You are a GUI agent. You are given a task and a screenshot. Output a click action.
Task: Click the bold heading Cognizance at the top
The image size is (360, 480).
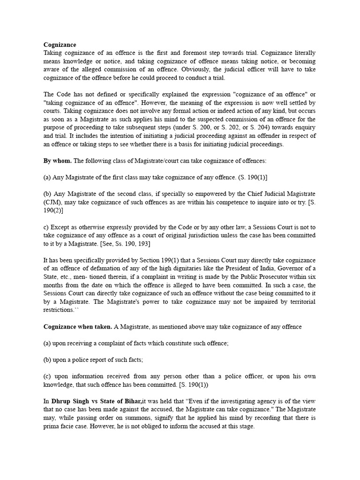(60, 45)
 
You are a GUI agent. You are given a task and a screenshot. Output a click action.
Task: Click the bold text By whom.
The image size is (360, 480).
(58, 160)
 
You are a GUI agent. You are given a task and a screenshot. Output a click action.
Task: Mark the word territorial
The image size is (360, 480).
(298, 301)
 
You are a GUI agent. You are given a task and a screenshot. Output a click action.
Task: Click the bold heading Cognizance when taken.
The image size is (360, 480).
(77, 326)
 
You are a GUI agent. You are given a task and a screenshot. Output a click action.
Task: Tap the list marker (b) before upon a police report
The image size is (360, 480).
(48, 360)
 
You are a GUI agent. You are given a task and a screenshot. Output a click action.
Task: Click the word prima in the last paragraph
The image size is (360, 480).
(51, 427)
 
